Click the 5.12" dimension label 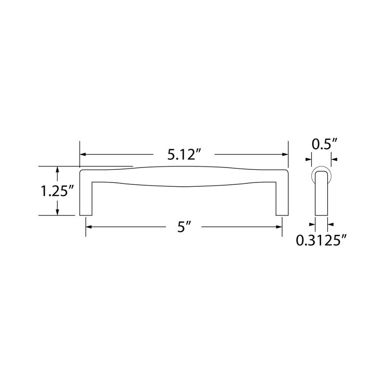(x=184, y=154)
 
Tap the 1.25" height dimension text (x=57, y=191)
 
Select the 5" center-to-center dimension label (x=184, y=227)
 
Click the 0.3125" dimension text (x=321, y=240)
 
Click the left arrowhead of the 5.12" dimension (x=83, y=154)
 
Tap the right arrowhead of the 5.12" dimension (x=285, y=154)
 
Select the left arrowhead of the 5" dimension (x=89, y=227)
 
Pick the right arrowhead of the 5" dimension (x=279, y=227)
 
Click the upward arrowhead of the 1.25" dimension (x=57, y=169)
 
